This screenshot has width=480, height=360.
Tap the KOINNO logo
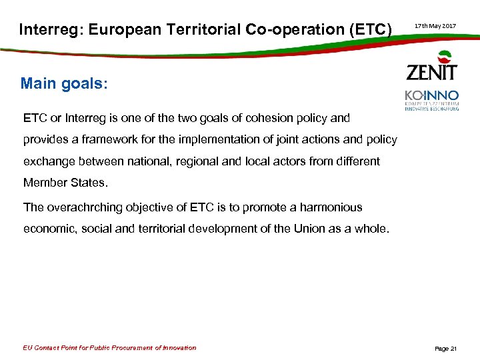click(x=431, y=99)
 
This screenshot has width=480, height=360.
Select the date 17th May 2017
click(x=435, y=25)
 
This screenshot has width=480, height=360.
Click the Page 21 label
click(x=445, y=349)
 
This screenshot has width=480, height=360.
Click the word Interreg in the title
click(x=46, y=29)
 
